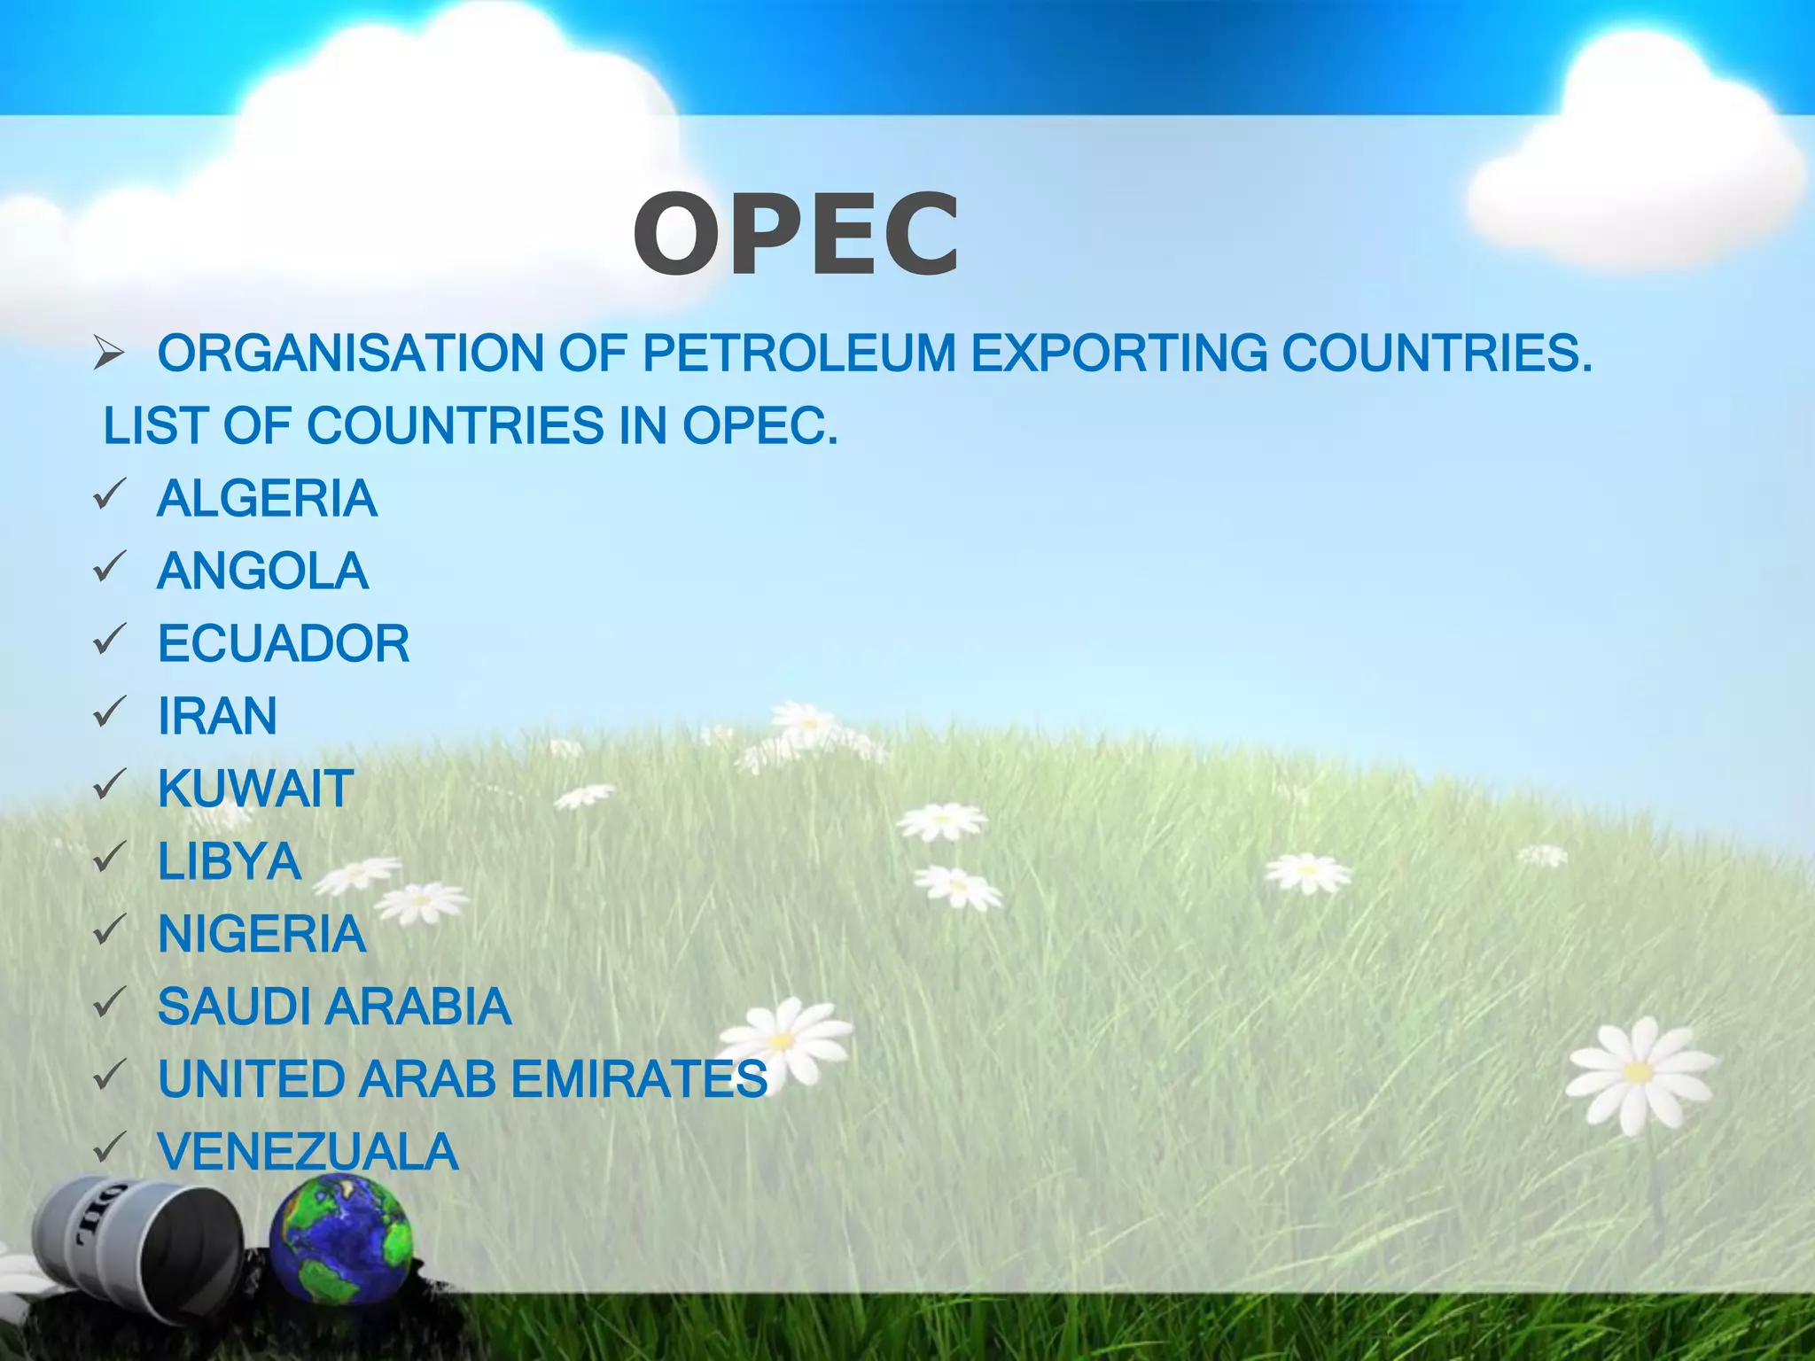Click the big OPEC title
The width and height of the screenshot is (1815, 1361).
pyautogui.click(x=796, y=236)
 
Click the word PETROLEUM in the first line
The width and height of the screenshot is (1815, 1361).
pyautogui.click(x=798, y=354)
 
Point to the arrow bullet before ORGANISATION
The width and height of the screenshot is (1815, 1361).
pyautogui.click(x=110, y=354)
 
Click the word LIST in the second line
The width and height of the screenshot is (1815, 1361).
pyautogui.click(x=156, y=426)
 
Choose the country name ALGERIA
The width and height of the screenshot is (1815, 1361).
pyautogui.click(x=267, y=499)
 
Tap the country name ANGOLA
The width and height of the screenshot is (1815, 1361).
pyautogui.click(x=262, y=572)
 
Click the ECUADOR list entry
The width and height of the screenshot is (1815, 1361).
pyautogui.click(x=284, y=644)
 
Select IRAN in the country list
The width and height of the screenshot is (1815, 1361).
pyautogui.click(x=217, y=717)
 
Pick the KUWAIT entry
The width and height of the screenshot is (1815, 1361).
pyautogui.click(x=255, y=789)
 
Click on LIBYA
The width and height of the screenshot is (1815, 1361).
pyautogui.click(x=230, y=862)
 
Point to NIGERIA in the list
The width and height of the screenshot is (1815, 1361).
pyautogui.click(x=261, y=935)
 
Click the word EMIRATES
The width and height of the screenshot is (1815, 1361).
pyautogui.click(x=639, y=1080)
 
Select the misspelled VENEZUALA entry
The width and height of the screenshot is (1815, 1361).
pyautogui.click(x=308, y=1153)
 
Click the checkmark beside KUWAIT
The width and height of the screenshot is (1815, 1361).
pyautogui.click(x=110, y=785)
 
